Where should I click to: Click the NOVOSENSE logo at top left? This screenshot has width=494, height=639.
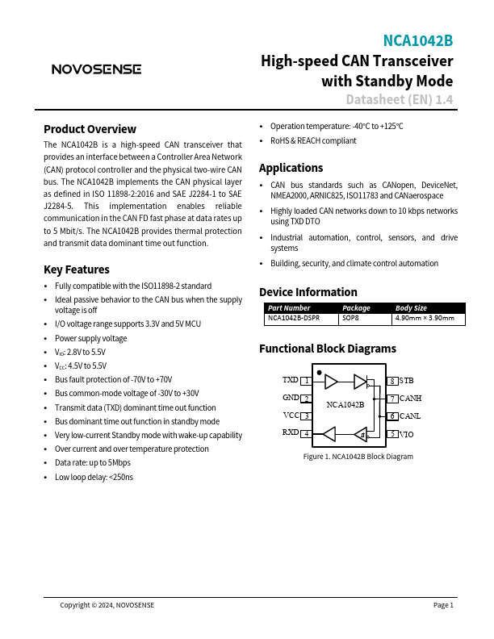coord(96,69)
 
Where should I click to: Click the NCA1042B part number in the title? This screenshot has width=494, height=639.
coord(417,41)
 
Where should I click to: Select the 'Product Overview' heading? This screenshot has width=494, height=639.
coord(90,129)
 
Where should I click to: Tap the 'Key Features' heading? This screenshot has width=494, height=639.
coord(76,269)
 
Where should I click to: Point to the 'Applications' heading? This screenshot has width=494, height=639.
coord(291,168)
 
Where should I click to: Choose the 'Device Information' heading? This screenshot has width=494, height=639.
coord(308,292)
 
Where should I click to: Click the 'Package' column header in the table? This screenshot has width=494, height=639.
coord(356,307)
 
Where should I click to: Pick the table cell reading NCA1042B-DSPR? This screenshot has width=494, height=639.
coord(292,319)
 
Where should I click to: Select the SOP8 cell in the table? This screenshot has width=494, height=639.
coord(351,319)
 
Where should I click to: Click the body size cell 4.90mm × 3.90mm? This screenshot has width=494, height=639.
coord(429,319)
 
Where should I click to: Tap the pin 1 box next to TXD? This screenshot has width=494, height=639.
coord(306,380)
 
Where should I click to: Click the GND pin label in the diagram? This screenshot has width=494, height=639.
coord(291,398)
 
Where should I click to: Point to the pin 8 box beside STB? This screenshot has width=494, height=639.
coord(392,380)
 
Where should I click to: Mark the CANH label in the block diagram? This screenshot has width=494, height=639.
coord(411,398)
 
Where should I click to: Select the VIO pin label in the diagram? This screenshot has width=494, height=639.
coord(407,434)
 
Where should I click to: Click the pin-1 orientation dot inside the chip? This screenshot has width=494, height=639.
coord(320,374)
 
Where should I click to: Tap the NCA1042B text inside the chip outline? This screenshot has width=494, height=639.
coord(345,404)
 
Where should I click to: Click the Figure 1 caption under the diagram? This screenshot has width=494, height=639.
coord(358,457)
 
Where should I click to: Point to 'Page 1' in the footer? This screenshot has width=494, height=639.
coord(443,605)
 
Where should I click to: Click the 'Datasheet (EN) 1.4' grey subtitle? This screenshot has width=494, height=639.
coord(399,100)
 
